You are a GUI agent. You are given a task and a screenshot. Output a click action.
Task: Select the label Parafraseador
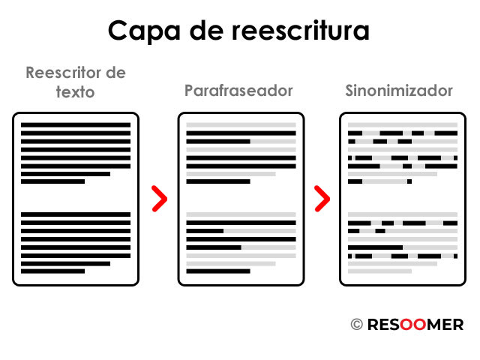[x=238, y=91]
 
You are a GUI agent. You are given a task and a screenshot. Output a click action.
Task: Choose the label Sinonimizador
[x=399, y=91]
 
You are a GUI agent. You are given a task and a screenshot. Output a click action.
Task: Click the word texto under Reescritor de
[x=75, y=92]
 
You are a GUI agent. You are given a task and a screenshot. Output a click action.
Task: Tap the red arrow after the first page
[x=158, y=198]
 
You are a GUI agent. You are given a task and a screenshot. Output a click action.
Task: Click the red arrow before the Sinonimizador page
[x=322, y=198]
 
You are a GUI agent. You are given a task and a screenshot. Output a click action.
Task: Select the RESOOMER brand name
[x=415, y=325]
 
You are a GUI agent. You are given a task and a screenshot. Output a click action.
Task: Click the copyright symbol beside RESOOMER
[x=356, y=325]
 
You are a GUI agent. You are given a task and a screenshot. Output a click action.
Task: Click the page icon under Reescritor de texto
[x=76, y=199]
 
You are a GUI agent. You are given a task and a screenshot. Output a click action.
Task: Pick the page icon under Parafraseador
[x=241, y=199]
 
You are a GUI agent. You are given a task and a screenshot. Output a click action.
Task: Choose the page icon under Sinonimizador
[x=403, y=199]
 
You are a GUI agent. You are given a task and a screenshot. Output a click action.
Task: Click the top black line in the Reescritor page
[x=76, y=124]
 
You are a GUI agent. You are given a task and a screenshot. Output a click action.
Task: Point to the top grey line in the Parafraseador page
[x=241, y=124]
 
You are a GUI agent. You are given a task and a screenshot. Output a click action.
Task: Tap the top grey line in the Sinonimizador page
[x=403, y=124]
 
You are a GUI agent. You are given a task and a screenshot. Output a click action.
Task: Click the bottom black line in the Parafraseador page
[x=217, y=271]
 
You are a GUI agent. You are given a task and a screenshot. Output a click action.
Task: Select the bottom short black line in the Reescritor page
[x=52, y=271]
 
